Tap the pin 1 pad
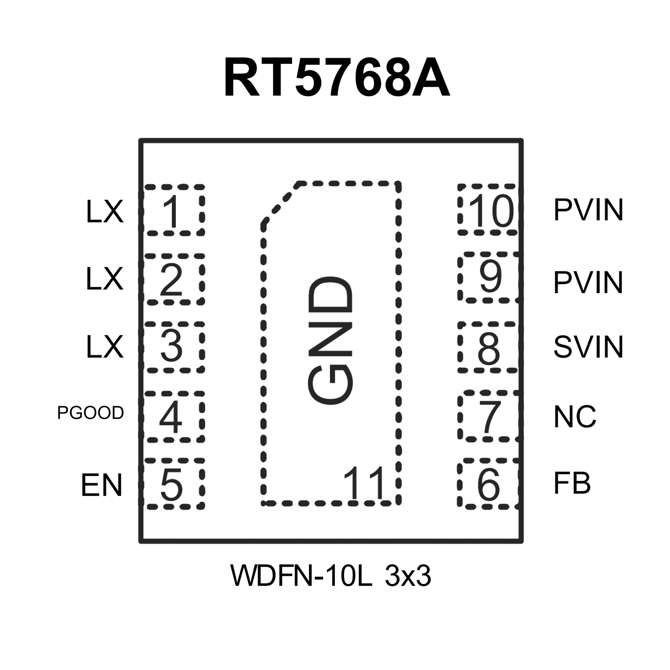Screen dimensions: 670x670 coord(174,210)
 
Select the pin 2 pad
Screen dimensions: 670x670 coord(174,278)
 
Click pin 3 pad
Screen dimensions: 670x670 coord(174,347)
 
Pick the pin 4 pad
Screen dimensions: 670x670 coord(174,416)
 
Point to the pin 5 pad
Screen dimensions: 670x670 coord(174,484)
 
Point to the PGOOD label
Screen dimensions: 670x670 coord(91,413)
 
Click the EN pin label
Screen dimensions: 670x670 coord(101,485)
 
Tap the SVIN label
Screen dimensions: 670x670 coord(588,347)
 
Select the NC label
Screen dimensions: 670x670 coord(575,416)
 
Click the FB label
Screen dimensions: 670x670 coord(572,484)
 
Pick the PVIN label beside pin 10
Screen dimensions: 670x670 coord(588,210)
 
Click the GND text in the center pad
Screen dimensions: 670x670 coord(330,340)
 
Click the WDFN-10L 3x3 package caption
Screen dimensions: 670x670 coord(331,576)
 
